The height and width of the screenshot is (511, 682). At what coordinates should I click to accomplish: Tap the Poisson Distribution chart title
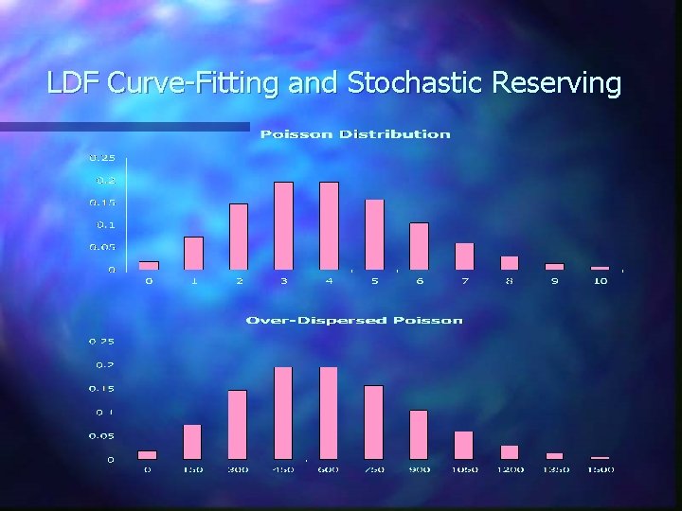point(355,134)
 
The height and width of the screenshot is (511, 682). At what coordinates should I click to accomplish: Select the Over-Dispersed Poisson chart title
point(354,320)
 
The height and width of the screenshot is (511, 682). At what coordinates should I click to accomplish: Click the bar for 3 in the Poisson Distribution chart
point(283,225)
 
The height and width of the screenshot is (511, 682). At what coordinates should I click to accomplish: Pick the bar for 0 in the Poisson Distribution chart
point(148,265)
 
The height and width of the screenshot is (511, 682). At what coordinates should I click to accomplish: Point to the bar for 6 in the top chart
point(419,246)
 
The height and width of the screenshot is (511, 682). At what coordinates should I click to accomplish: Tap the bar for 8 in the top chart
point(510,262)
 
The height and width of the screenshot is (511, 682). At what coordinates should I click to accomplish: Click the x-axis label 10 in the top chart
point(600,281)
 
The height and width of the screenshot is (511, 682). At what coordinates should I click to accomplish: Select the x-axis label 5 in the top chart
point(374,281)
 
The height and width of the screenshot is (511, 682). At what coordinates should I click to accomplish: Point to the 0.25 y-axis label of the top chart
point(102,157)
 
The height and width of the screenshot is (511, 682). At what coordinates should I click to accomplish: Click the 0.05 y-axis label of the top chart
point(102,247)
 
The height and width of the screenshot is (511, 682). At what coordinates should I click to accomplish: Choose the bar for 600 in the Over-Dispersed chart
point(329,413)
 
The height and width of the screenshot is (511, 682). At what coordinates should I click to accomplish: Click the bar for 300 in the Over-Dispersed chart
point(238,424)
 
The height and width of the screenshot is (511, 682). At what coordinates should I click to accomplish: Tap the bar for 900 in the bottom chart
point(419,434)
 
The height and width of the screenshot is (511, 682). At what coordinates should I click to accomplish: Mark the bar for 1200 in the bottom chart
point(510,451)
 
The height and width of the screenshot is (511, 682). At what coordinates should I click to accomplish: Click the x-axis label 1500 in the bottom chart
point(601,469)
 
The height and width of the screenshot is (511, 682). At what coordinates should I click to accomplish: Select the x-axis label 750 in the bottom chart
point(373,469)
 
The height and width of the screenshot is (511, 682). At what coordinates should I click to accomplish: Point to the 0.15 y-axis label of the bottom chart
point(101,389)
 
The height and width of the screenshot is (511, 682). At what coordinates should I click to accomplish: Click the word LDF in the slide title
point(74,84)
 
